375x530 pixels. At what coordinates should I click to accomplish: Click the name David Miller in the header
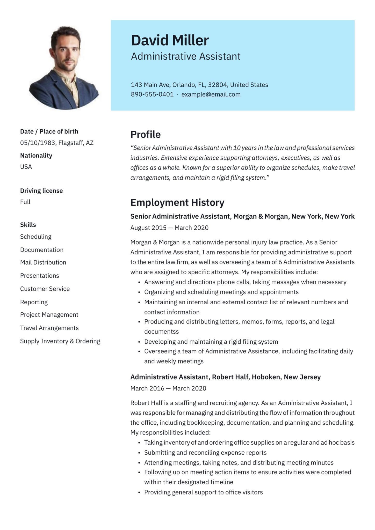pyautogui.click(x=170, y=40)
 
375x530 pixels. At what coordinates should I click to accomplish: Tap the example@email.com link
pyautogui.click(x=211, y=94)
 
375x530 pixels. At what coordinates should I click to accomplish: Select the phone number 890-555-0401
pyautogui.click(x=152, y=94)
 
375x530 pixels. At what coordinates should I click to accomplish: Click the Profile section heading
pyautogui.click(x=145, y=135)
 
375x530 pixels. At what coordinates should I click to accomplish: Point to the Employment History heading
pyautogui.click(x=177, y=202)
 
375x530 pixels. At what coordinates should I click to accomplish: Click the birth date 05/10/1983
pyautogui.click(x=37, y=143)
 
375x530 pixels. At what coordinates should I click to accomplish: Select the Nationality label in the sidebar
pyautogui.click(x=36, y=156)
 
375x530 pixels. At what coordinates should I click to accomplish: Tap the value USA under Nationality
pyautogui.click(x=26, y=167)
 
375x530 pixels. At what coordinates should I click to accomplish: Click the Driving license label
pyautogui.click(x=41, y=191)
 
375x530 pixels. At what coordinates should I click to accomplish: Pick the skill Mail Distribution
pyautogui.click(x=43, y=262)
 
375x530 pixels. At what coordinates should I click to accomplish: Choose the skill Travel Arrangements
pyautogui.click(x=49, y=328)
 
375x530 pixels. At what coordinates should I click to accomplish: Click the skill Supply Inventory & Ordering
pyautogui.click(x=60, y=341)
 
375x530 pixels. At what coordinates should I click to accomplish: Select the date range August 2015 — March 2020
pyautogui.click(x=169, y=228)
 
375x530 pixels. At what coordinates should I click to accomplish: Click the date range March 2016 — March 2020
pyautogui.click(x=168, y=388)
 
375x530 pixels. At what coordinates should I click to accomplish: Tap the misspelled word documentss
pyautogui.click(x=161, y=332)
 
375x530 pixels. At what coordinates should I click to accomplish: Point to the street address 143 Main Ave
pyautogui.click(x=150, y=85)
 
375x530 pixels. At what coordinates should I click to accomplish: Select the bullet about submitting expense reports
pyautogui.click(x=205, y=453)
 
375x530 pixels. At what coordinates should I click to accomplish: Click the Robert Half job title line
pyautogui.click(x=225, y=377)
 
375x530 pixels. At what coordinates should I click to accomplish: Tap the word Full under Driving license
pyautogui.click(x=25, y=202)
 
